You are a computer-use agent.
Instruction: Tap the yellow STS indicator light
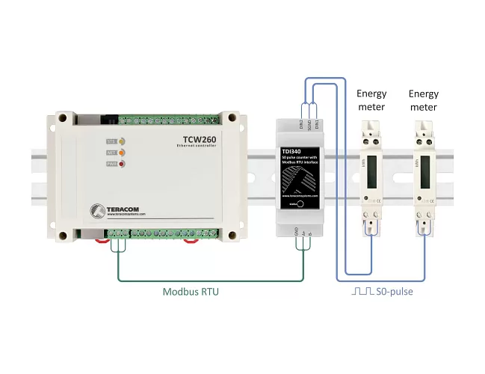122,141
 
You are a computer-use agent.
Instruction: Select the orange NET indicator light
122,153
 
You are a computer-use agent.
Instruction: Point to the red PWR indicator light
122,165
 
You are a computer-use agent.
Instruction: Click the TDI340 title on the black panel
289,152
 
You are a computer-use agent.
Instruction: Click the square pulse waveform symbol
362,291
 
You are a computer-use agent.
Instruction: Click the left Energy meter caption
371,100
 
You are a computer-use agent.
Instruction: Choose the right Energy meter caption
424,100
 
